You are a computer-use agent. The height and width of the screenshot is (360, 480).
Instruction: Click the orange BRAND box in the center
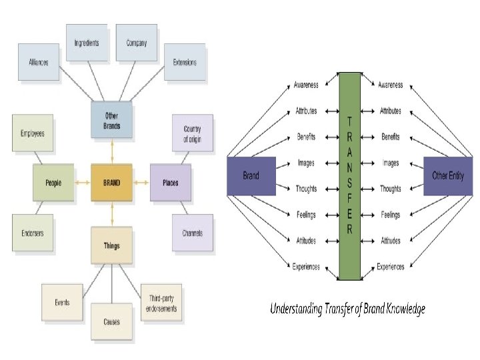coord(112,183)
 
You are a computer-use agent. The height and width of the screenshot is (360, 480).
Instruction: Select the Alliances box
coord(39,62)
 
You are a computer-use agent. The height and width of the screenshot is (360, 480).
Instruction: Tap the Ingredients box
coord(87,43)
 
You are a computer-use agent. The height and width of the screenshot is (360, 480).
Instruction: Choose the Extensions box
coord(185,62)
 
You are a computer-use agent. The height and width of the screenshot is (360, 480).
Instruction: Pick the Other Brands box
coord(112,120)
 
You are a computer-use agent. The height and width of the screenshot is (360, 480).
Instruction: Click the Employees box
coord(33,133)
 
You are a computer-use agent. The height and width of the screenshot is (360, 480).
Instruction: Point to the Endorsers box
coord(33,233)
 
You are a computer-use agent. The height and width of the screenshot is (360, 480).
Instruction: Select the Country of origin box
coord(192,133)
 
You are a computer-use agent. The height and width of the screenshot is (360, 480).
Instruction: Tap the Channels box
coord(192,233)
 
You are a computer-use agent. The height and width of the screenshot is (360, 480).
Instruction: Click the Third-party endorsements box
coord(161,303)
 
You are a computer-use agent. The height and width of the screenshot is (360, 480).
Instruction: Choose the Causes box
coord(112,322)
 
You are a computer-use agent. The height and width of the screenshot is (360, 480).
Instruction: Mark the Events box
coord(62,303)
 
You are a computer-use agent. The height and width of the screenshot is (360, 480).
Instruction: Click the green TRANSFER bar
coord(349,176)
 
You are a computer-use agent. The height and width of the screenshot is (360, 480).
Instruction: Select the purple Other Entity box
coord(448,176)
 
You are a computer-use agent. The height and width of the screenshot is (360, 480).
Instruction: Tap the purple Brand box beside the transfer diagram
coord(251,176)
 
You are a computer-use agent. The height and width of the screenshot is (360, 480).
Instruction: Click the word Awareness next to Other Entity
coord(390,85)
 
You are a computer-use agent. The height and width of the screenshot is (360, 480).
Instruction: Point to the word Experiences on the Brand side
coord(306,267)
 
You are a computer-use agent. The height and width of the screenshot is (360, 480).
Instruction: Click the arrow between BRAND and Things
coord(112,214)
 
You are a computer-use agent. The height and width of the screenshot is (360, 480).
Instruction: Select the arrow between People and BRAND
coord(83,183)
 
